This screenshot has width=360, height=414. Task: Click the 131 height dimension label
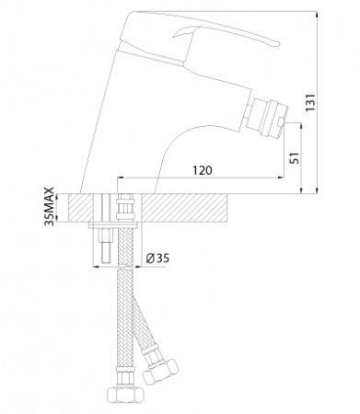click(x=311, y=102)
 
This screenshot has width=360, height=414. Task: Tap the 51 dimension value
click(x=295, y=158)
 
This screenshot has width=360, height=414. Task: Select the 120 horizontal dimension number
click(x=203, y=170)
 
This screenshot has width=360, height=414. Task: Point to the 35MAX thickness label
click(x=49, y=207)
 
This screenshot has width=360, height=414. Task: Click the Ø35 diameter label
click(x=157, y=259)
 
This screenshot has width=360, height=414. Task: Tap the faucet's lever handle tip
click(x=279, y=44)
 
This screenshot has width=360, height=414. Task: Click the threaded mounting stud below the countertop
click(x=106, y=245)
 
